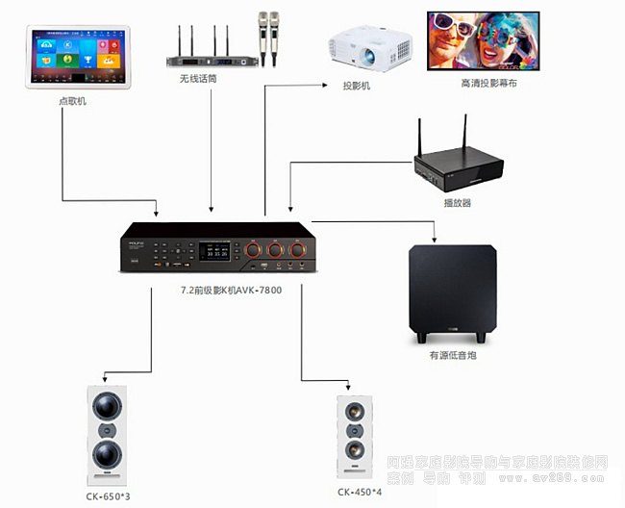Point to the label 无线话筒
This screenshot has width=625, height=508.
tap(198, 79)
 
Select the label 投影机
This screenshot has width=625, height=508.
tap(357, 86)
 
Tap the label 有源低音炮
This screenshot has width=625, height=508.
tap(452, 355)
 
